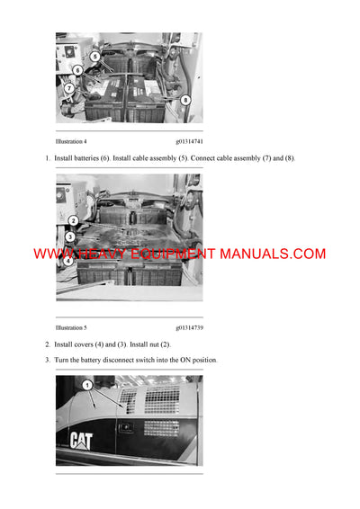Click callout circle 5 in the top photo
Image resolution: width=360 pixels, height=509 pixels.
pyautogui.click(x=94, y=56)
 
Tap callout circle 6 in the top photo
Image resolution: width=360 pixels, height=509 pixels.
pyautogui.click(x=78, y=70)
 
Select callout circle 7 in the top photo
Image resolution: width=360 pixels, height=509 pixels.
pyautogui.click(x=69, y=88)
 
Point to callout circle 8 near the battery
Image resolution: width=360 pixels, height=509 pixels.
pyautogui.click(x=185, y=100)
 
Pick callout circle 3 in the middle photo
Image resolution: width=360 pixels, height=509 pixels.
pyautogui.click(x=69, y=237)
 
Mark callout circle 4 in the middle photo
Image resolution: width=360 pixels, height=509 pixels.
pyautogui.click(x=68, y=263)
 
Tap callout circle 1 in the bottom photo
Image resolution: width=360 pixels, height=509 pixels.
pyautogui.click(x=87, y=385)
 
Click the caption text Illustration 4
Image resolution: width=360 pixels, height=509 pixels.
pyautogui.click(x=71, y=141)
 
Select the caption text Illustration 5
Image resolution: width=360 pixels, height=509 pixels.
pyautogui.click(x=71, y=328)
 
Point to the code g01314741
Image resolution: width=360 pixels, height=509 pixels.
pyautogui.click(x=189, y=141)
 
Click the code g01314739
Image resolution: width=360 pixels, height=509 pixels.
pyautogui.click(x=189, y=328)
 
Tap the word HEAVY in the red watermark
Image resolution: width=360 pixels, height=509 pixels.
pyautogui.click(x=102, y=254)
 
